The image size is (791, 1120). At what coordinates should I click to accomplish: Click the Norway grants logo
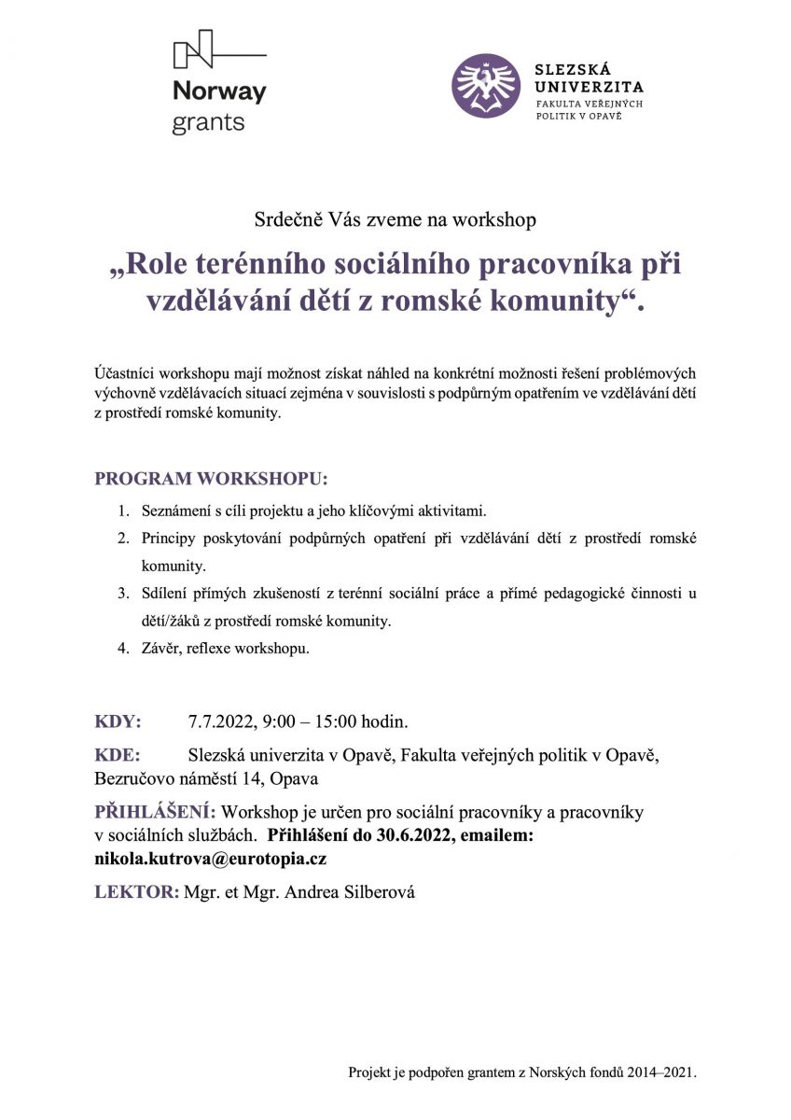pyautogui.click(x=218, y=82)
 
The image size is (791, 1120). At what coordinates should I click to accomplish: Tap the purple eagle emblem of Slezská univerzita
pyautogui.click(x=486, y=85)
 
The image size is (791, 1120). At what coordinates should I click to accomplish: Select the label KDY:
pyautogui.click(x=118, y=721)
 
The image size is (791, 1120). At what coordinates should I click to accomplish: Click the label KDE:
pyautogui.click(x=118, y=754)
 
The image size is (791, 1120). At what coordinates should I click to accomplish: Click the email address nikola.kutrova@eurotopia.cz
pyautogui.click(x=210, y=858)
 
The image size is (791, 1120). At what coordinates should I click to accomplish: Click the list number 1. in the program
pyautogui.click(x=123, y=512)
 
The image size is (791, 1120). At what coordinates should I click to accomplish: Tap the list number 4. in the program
pyautogui.click(x=123, y=648)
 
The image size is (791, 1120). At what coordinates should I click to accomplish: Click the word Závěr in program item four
pyautogui.click(x=160, y=648)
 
